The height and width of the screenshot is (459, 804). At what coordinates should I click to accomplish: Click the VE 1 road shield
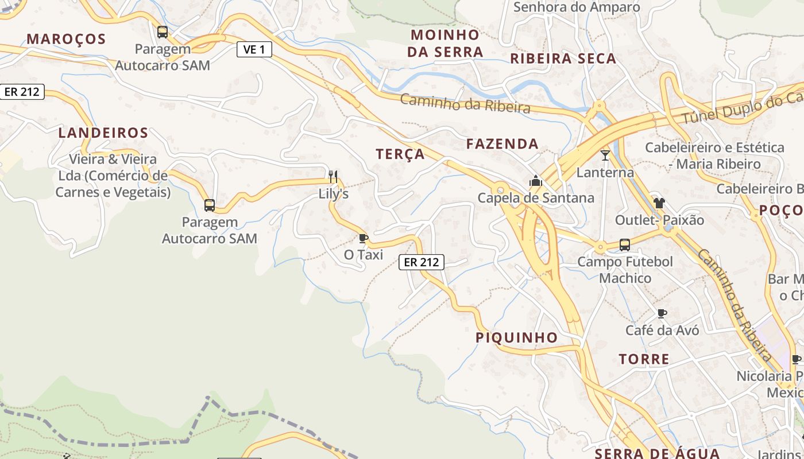[x=254, y=49]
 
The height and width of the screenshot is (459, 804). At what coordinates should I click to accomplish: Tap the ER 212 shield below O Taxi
[x=422, y=262]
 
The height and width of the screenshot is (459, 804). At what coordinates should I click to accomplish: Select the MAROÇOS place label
[x=67, y=39]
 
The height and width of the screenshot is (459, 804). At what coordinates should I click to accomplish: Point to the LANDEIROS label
[x=103, y=133]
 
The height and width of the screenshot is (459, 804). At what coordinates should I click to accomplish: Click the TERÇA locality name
[x=400, y=154]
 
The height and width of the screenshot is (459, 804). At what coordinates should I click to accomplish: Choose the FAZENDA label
[x=502, y=144]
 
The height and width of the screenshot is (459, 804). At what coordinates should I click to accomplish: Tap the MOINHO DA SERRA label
[x=445, y=43]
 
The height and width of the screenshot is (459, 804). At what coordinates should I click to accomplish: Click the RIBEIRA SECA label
[x=563, y=59]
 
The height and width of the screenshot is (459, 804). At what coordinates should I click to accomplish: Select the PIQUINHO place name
[x=516, y=337]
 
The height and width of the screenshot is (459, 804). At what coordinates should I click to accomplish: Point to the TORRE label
[x=644, y=359]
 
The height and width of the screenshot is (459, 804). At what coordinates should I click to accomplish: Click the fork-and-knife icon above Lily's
[x=333, y=176]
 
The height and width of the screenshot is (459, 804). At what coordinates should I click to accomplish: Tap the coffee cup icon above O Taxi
[x=363, y=238]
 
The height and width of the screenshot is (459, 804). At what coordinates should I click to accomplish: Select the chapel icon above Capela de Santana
[x=536, y=181]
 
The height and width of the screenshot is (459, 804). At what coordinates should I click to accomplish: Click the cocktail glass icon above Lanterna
[x=605, y=155]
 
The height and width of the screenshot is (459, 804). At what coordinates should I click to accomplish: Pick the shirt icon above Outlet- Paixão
[x=659, y=203]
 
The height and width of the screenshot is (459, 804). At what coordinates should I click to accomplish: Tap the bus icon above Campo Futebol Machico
[x=625, y=244]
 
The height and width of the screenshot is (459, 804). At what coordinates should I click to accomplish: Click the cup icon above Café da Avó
[x=662, y=313]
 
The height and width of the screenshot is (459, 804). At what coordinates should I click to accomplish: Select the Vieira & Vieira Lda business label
[x=113, y=176]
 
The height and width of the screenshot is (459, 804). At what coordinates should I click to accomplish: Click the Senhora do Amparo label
[x=577, y=7]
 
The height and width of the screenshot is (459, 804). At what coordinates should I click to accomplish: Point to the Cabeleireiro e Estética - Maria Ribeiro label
[x=714, y=155]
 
